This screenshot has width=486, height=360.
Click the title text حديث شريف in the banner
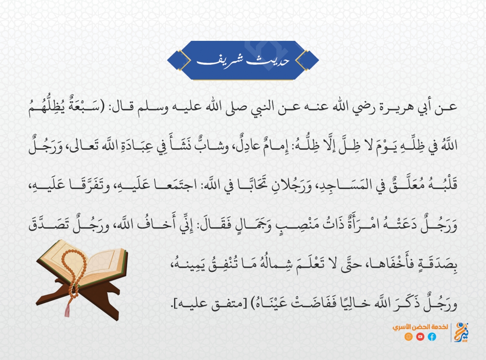[243, 60]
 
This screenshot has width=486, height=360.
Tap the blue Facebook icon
[432, 337]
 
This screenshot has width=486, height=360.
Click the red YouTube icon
[420, 337]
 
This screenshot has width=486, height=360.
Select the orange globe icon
[408, 337]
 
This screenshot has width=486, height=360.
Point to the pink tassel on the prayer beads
[67, 310]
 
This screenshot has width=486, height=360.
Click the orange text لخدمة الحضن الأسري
[420, 327]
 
